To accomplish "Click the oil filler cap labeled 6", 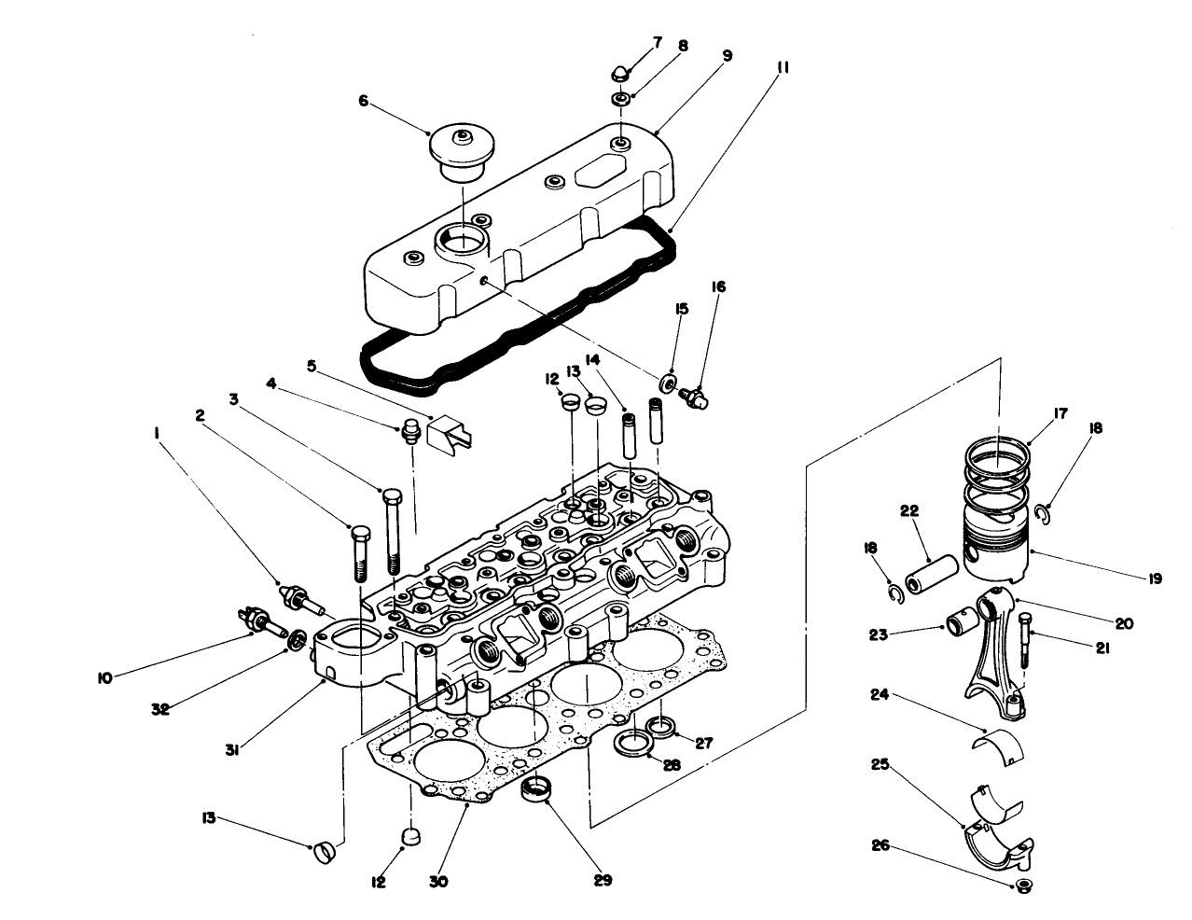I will tap(460, 154).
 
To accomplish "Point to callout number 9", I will tap(726, 56).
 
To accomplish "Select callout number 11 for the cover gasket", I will tap(782, 68).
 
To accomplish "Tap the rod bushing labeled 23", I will tap(960, 620).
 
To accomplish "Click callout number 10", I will tap(104, 678).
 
